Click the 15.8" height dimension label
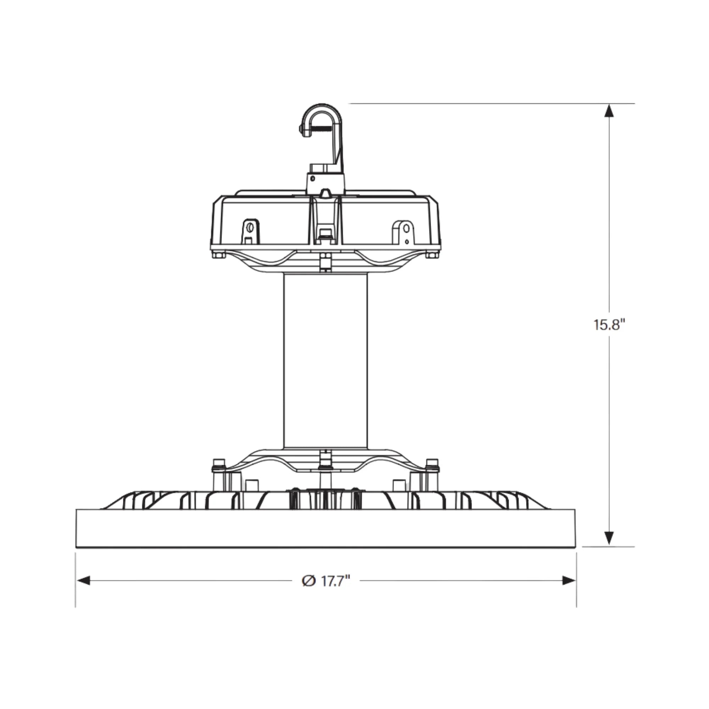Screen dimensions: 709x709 [x=609, y=325]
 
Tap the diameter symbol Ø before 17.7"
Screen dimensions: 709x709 [x=309, y=581]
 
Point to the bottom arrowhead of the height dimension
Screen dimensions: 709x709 [x=609, y=538]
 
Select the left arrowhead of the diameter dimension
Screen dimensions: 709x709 [x=83, y=581]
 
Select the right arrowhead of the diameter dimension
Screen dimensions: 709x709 [x=569, y=581]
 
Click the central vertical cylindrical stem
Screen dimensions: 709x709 [x=325, y=362]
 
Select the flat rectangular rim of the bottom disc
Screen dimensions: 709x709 [x=325, y=529]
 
